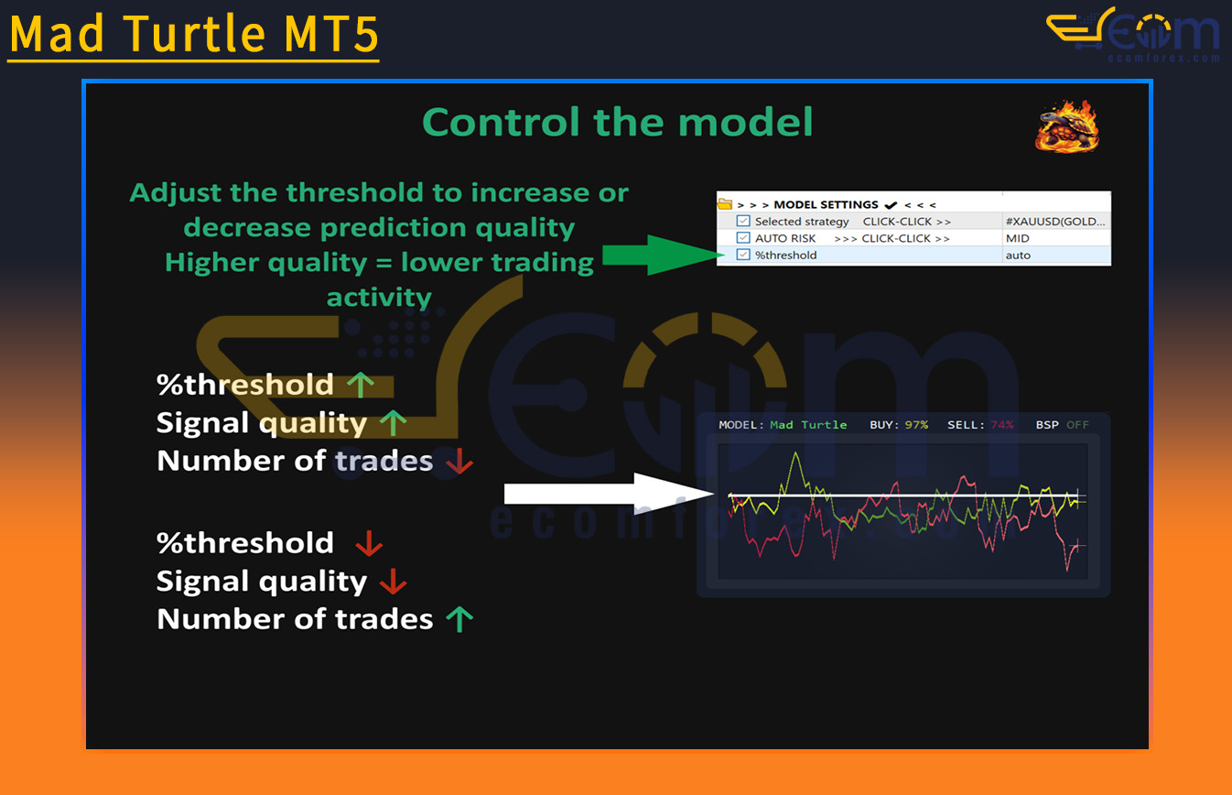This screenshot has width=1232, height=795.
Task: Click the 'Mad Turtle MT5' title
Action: coord(194,34)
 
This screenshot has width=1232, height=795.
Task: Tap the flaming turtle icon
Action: coord(1067,126)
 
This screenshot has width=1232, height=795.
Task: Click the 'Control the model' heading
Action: coord(617,122)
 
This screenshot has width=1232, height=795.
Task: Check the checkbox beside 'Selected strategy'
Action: coord(743,221)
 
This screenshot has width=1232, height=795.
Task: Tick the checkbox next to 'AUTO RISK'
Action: coord(743,237)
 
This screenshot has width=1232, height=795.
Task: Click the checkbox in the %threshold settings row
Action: coord(743,255)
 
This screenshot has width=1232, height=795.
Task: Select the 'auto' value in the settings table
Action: coord(1018,256)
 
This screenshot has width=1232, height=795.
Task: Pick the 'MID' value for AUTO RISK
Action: coord(1018,238)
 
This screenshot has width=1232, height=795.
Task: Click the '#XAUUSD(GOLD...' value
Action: coord(1055,222)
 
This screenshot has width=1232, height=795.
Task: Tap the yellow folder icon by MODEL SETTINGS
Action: coord(725,204)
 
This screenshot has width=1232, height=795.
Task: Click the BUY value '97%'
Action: coord(916,425)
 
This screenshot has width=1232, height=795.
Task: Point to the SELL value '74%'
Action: coord(1001,425)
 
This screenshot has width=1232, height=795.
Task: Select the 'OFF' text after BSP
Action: coord(1077,425)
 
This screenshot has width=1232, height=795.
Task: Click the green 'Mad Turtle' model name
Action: coord(808,425)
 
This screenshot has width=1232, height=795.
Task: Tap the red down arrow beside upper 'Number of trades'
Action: coord(459,461)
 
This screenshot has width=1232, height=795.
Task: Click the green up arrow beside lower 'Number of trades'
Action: coord(459,619)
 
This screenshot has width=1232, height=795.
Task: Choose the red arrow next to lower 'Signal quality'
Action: coord(394,582)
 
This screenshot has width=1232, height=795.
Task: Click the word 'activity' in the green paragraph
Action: coord(379,298)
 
